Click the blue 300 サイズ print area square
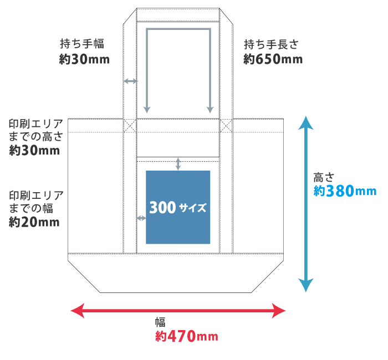(x=178, y=207)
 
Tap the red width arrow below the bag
(x=178, y=311)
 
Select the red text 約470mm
(x=186, y=336)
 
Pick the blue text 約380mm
(x=344, y=192)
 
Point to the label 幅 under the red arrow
(x=160, y=323)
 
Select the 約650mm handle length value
(x=273, y=59)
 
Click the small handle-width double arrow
(x=130, y=81)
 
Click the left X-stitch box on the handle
(x=130, y=125)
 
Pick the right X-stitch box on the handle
(x=226, y=125)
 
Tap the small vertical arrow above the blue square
(x=178, y=164)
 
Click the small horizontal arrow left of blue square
(x=141, y=218)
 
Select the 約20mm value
(x=34, y=222)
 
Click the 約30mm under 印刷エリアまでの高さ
(x=34, y=150)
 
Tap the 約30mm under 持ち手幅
(x=84, y=59)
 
